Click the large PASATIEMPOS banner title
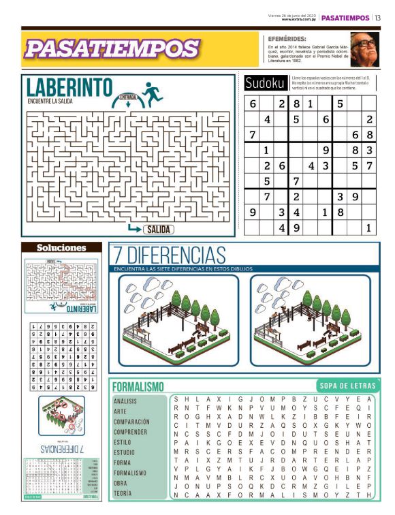[112, 48]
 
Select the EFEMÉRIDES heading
[287, 39]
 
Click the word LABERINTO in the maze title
[69, 87]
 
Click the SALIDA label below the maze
[158, 229]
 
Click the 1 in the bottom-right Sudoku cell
[368, 228]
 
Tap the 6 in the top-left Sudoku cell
[253, 104]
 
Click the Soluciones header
[61, 247]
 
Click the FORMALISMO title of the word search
[138, 386]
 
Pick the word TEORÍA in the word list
[123, 493]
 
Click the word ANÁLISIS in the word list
[125, 401]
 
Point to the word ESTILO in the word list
[123, 442]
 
